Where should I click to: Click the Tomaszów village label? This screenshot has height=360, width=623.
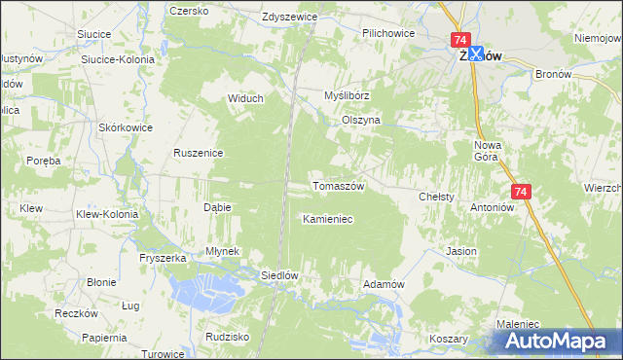point(337,186)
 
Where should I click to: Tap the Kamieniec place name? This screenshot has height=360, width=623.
point(327,219)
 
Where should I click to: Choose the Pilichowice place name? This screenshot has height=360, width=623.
point(388,33)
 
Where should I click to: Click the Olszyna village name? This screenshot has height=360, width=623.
point(360,120)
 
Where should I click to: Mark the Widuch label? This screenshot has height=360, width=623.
point(245,98)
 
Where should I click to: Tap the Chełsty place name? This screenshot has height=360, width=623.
point(436,197)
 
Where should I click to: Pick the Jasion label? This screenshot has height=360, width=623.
point(461,251)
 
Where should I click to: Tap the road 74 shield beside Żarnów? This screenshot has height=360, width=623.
point(459,40)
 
